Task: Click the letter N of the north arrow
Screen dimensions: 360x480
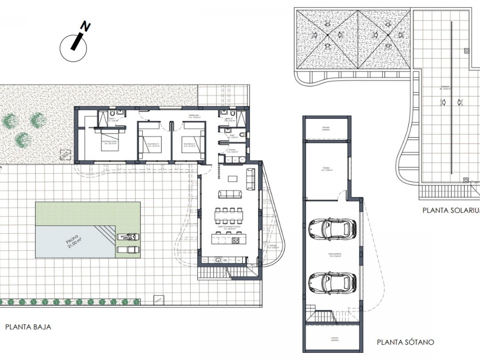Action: [87, 27]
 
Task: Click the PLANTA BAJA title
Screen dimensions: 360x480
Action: [28, 327]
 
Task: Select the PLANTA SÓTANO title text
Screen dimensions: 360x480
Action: [405, 342]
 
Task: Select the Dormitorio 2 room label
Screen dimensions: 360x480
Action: [153, 145]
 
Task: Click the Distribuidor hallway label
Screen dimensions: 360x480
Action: [193, 116]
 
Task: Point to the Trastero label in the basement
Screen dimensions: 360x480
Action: [328, 169]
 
